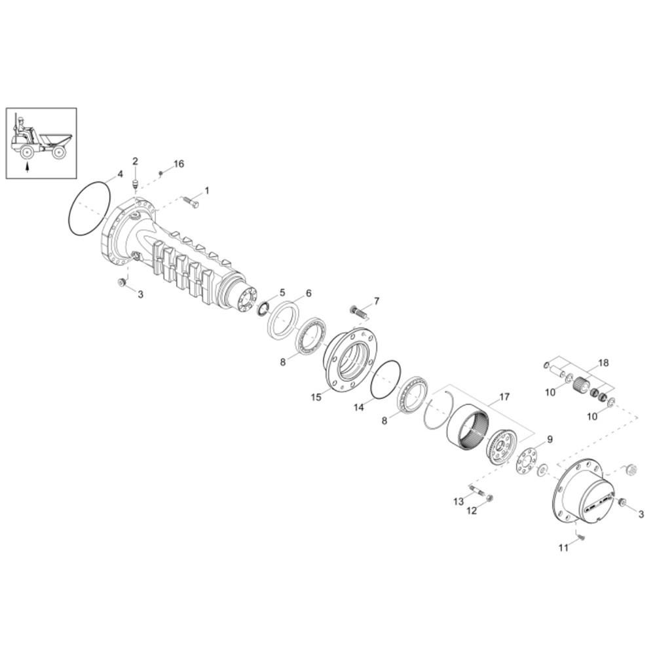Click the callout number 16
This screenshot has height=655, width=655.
179,164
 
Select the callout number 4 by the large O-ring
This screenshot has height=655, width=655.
120,174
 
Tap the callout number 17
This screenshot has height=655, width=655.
504,396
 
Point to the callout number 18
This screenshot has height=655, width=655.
604,363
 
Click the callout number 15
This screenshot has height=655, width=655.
316,397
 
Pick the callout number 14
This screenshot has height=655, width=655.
359,407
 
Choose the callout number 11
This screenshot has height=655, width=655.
563,547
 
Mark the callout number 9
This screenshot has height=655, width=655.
550,439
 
